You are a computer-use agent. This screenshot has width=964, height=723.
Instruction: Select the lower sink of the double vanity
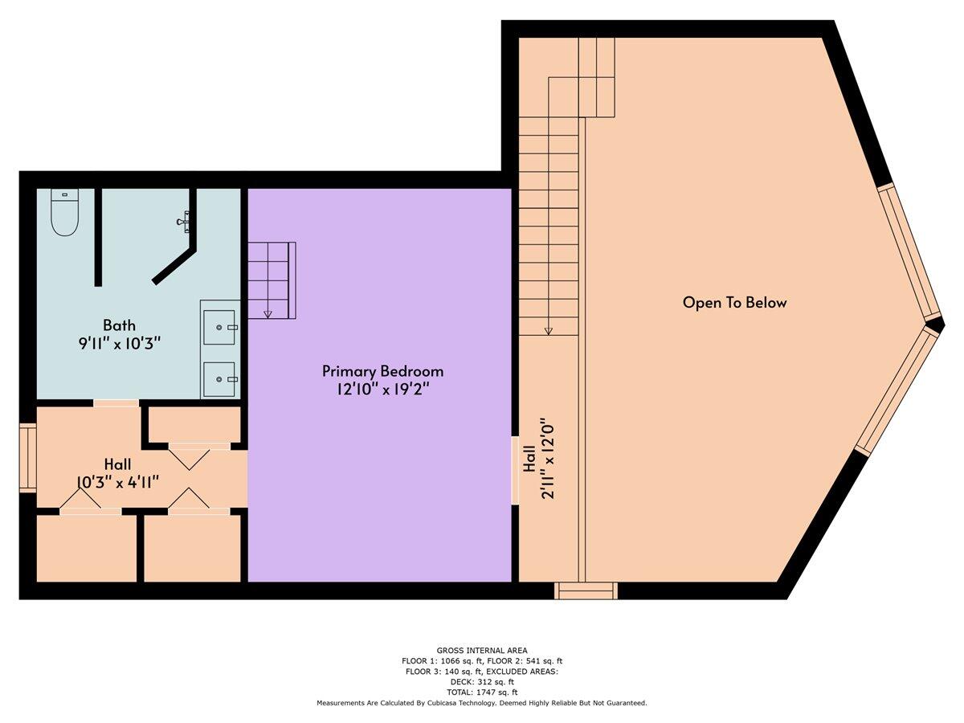219,378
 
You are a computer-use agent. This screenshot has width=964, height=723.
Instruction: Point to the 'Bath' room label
119,325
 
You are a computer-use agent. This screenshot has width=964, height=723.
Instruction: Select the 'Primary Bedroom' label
382,371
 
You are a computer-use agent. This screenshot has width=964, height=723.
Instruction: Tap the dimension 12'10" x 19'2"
382,390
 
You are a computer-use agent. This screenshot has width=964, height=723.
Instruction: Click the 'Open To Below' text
734,303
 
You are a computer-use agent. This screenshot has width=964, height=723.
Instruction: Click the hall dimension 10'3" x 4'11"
117,482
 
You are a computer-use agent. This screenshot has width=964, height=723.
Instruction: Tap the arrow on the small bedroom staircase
268,313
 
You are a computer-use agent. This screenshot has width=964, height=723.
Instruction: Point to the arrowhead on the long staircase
549,329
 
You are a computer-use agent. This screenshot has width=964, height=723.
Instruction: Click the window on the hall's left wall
28,456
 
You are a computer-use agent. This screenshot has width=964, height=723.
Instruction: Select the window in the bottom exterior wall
586,591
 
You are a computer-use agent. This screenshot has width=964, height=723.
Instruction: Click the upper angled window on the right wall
910,251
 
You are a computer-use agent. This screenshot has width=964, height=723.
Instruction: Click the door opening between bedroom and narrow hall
515,470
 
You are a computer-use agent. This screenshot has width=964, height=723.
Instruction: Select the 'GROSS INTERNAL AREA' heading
482,651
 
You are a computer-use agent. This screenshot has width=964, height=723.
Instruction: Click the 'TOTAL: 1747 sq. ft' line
482,692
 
